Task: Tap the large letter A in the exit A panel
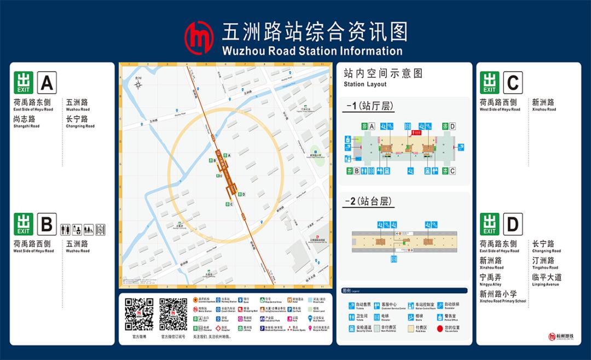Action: coord(47,83)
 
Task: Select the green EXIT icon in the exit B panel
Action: coord(24,224)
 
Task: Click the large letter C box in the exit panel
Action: coord(513,83)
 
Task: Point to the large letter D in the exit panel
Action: coord(513,224)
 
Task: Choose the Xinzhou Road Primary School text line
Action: coord(502,301)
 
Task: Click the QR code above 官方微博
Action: coord(139,314)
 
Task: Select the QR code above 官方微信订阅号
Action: coord(173,314)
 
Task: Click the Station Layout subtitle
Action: coord(365,84)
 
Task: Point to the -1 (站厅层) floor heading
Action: coord(369,106)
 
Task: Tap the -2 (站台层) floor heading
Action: coord(369,201)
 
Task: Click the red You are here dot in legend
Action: coord(440,328)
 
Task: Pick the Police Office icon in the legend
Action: coord(441,317)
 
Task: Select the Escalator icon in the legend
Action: coord(441,305)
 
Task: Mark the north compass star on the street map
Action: coord(139,85)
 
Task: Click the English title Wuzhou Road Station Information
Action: coord(312,51)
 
